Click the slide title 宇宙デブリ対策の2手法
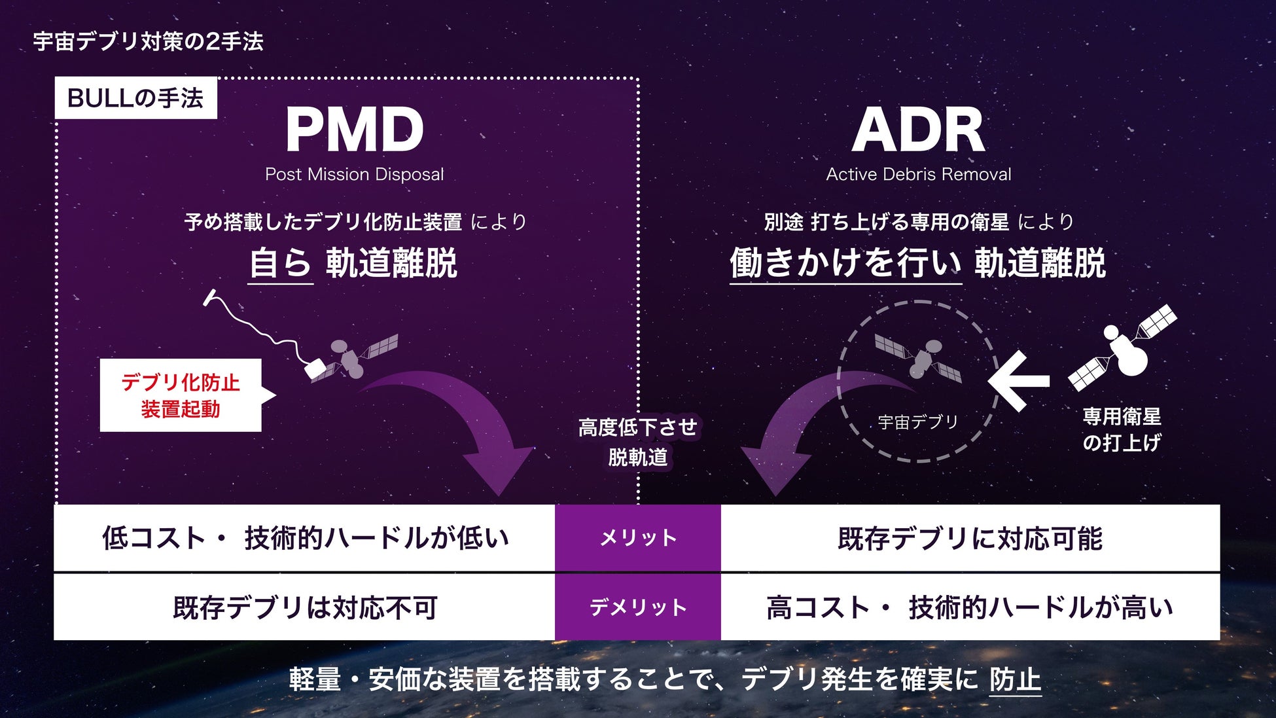(x=148, y=42)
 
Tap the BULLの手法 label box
(x=135, y=98)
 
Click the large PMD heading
(x=355, y=130)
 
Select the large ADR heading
(x=918, y=130)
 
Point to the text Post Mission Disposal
(x=354, y=174)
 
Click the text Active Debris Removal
(x=918, y=174)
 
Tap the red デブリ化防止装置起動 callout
(x=181, y=395)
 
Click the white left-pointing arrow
(x=1019, y=380)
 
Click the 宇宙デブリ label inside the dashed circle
(x=917, y=422)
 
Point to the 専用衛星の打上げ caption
(x=1122, y=429)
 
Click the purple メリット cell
(x=638, y=538)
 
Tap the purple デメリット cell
(x=638, y=607)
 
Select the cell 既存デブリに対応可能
(x=970, y=538)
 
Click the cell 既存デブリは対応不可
(x=304, y=607)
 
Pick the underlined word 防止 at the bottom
(x=1015, y=679)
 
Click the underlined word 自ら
(x=280, y=263)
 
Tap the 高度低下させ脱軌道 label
(x=638, y=442)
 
